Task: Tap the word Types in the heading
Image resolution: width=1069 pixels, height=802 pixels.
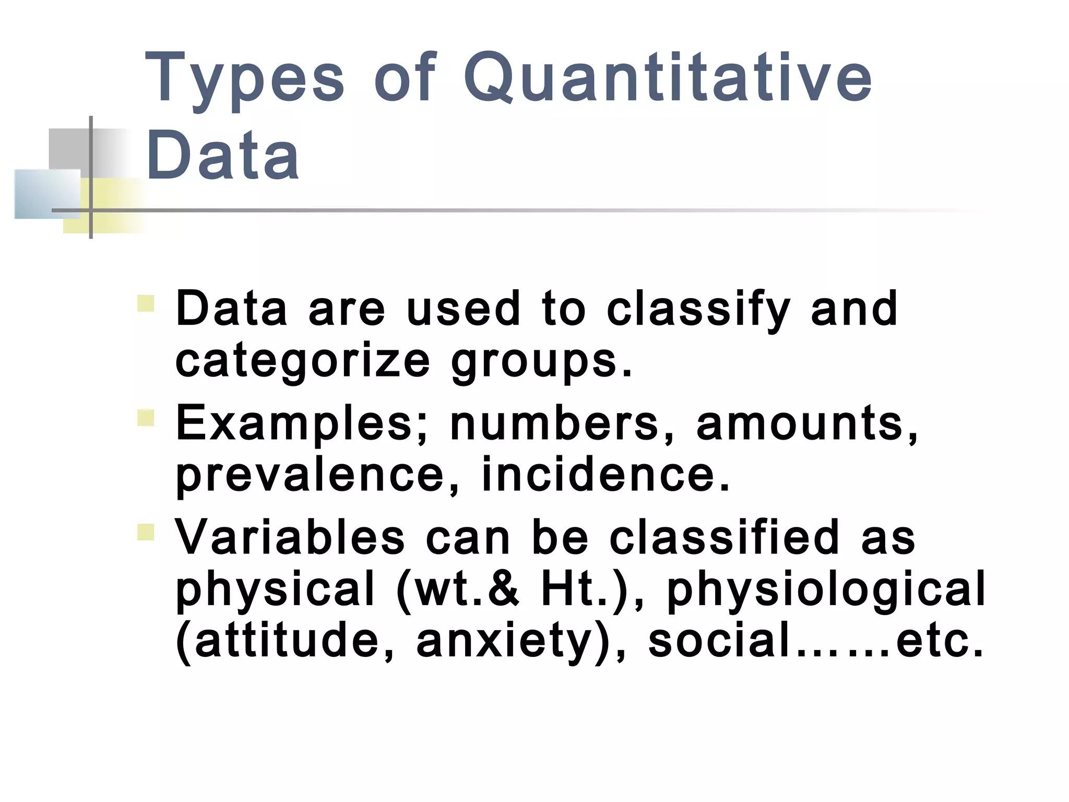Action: pyautogui.click(x=244, y=78)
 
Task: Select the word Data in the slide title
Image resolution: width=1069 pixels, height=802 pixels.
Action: pyautogui.click(x=223, y=156)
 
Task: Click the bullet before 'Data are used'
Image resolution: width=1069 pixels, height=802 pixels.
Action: pyautogui.click(x=146, y=303)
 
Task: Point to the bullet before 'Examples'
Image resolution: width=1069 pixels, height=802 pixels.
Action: pyautogui.click(x=146, y=418)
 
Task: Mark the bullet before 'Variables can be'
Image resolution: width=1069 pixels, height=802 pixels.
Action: pyautogui.click(x=146, y=532)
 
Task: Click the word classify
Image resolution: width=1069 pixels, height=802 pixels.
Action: pyautogui.click(x=698, y=309)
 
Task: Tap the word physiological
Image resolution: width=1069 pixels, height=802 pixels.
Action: pyautogui.click(x=826, y=589)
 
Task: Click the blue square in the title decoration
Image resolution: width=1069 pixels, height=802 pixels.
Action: pyautogui.click(x=47, y=194)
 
